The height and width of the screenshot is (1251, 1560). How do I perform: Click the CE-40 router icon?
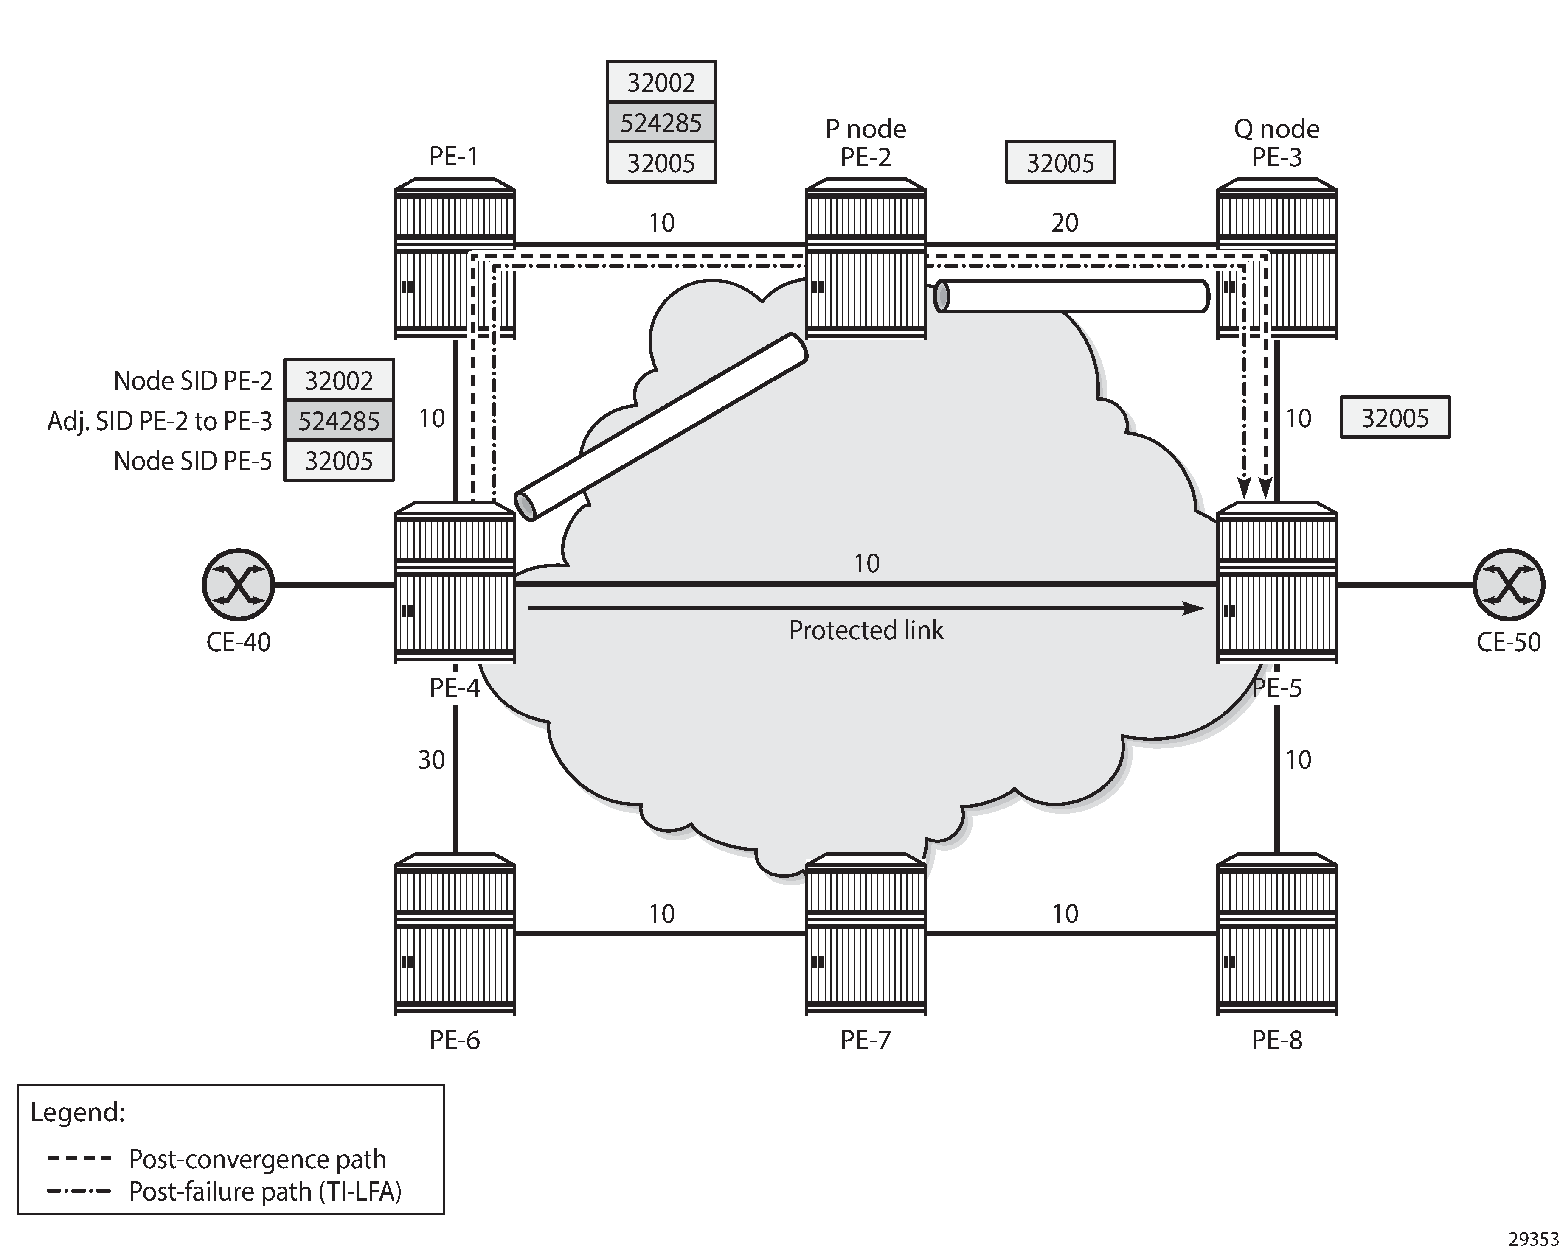pyautogui.click(x=238, y=584)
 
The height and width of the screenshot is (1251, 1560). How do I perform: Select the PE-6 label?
pyautogui.click(x=454, y=1040)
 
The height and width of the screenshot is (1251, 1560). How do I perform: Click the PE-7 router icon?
pyautogui.click(x=866, y=934)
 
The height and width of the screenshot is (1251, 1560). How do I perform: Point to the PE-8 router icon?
pyautogui.click(x=1276, y=934)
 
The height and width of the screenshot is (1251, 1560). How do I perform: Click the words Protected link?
pyautogui.click(x=866, y=630)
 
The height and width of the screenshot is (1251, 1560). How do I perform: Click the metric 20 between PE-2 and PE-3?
pyautogui.click(x=1064, y=223)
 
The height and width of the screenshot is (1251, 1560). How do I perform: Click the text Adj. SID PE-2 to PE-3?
pyautogui.click(x=159, y=421)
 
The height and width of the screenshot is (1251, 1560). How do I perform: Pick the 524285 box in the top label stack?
pyautogui.click(x=661, y=123)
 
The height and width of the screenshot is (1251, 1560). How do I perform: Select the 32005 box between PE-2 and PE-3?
pyautogui.click(x=1060, y=163)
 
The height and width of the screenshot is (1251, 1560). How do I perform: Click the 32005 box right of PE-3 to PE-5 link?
pyautogui.click(x=1395, y=418)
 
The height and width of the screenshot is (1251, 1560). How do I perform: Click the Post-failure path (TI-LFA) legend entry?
pyautogui.click(x=264, y=1192)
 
